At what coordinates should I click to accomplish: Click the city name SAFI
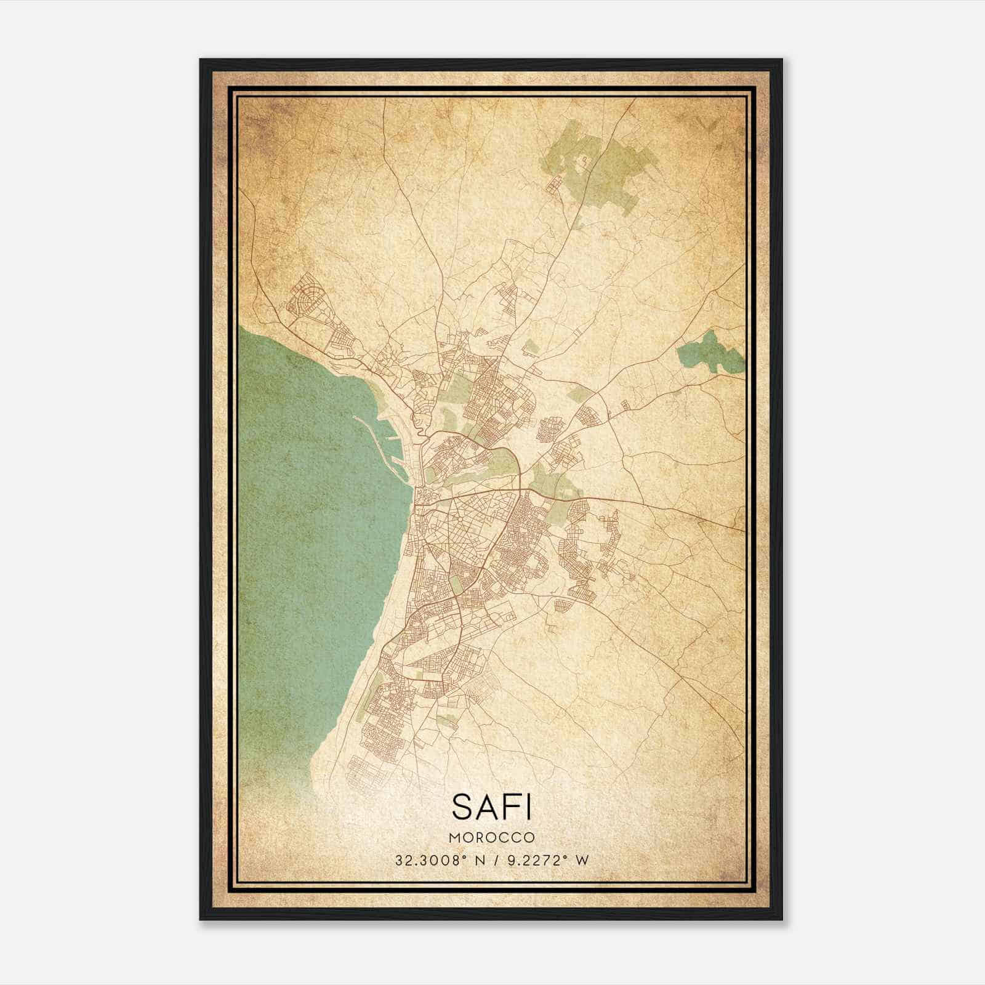tap(491, 806)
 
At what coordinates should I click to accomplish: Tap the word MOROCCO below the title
tap(491, 838)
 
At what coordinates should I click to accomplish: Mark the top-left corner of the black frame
tap(201, 60)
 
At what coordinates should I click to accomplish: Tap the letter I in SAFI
tap(527, 806)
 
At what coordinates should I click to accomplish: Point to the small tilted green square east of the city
tap(578, 394)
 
